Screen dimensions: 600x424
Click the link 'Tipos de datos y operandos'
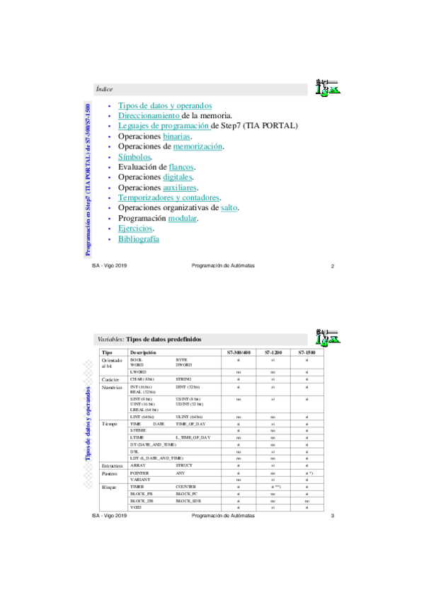point(165,105)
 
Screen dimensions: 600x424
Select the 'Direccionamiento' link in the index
point(149,115)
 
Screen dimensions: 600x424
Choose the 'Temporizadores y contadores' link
point(169,198)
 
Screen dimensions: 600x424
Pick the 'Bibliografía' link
point(139,239)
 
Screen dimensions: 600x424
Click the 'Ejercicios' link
point(136,229)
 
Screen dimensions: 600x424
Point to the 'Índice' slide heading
point(104,89)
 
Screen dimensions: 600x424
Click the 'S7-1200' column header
point(273,352)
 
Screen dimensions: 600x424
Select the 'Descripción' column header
point(142,352)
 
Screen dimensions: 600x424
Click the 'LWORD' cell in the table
point(137,371)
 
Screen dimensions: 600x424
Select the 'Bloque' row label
point(110,487)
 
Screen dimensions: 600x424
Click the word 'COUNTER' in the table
point(188,487)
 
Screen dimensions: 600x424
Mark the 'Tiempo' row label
point(110,423)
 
